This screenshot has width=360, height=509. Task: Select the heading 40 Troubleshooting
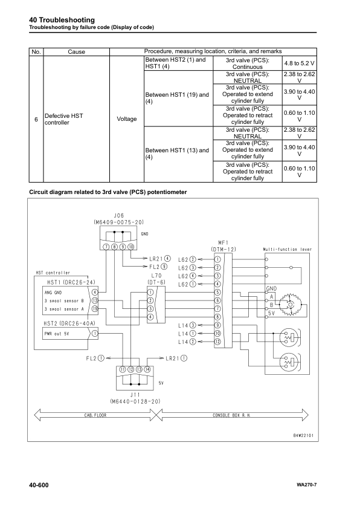[x=53, y=21]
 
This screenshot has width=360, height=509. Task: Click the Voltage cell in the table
[x=126, y=119]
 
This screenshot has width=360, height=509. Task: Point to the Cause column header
[x=77, y=52]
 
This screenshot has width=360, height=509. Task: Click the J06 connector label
[x=120, y=215]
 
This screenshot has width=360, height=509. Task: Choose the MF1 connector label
[x=223, y=242]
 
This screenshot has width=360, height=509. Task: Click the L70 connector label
[x=156, y=275]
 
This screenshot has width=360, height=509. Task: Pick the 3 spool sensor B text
[x=62, y=300]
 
